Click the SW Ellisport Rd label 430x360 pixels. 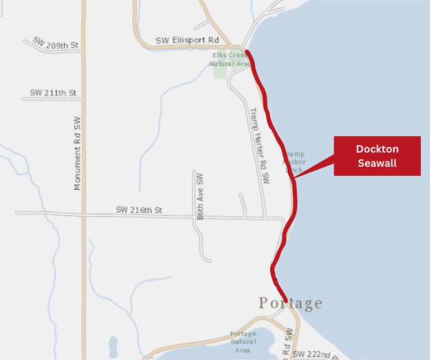coord(187,40)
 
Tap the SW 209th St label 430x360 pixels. coord(55,44)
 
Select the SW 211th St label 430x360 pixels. coord(54,93)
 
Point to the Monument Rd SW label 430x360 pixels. coord(77,153)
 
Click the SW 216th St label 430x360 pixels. coord(139,210)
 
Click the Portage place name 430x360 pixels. coord(290,303)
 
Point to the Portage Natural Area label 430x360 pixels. coord(243,342)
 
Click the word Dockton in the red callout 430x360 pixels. coord(377,150)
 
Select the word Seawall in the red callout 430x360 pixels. coord(377,163)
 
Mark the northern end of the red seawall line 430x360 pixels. coord(247,51)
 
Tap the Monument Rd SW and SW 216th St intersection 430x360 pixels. coord(84,213)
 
